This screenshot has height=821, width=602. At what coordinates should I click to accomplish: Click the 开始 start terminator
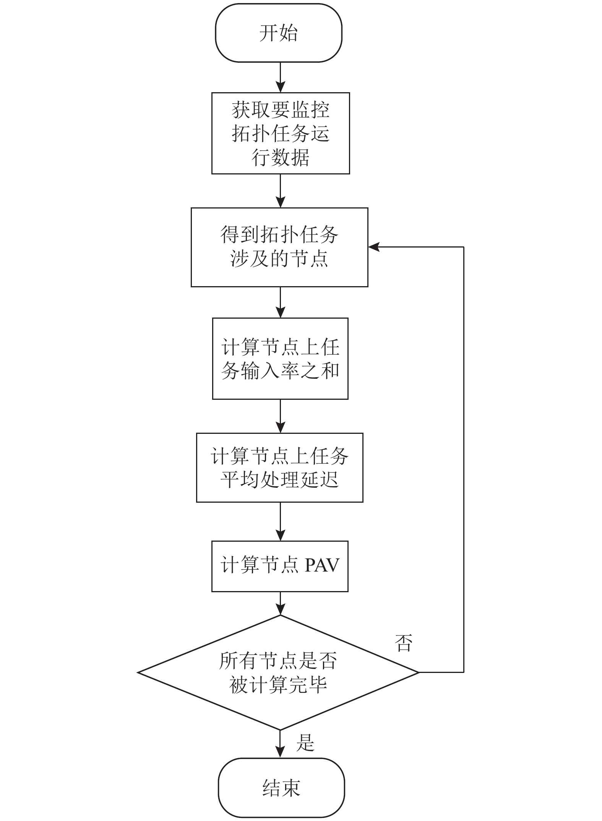[x=279, y=33]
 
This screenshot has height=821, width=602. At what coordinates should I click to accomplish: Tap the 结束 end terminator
[x=281, y=788]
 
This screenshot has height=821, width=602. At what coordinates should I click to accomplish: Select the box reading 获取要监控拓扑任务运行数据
[x=281, y=133]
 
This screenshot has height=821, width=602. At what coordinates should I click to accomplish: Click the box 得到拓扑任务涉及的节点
[x=279, y=247]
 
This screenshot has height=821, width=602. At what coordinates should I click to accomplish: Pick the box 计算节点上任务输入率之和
[x=280, y=358]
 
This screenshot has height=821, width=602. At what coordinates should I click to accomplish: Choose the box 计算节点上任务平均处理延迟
[x=279, y=468]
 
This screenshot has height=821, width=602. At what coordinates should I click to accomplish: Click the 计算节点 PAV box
[x=280, y=566]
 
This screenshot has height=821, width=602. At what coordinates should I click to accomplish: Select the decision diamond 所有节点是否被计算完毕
[x=279, y=672]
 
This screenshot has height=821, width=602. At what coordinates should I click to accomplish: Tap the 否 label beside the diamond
[x=404, y=643]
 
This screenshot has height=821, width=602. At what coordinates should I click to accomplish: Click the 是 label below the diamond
[x=305, y=742]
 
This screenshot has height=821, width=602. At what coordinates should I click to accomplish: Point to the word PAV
[x=322, y=565]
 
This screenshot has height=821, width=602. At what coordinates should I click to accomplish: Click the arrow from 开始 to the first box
[x=281, y=77]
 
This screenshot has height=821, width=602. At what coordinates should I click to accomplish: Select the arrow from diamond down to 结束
[x=281, y=744]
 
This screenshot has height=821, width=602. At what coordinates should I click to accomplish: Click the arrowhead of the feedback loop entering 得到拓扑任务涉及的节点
[x=374, y=247]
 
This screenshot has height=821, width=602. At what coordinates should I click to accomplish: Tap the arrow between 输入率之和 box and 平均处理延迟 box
[x=281, y=416]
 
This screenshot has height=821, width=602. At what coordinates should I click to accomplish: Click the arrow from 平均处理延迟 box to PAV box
[x=281, y=522]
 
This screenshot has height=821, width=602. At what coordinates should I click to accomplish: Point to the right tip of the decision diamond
[x=419, y=672]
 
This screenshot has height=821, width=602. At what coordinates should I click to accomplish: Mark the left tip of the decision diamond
[x=138, y=672]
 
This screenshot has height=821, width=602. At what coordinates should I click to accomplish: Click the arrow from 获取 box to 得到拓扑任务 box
[x=281, y=191]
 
